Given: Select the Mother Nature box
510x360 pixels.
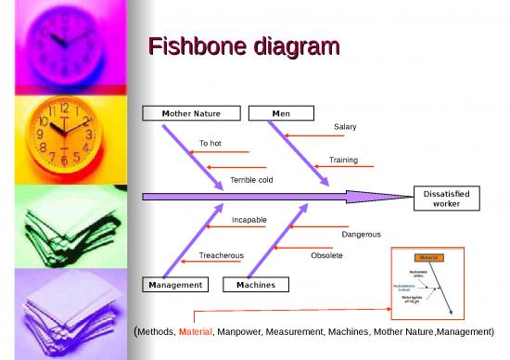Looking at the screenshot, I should point(193,113).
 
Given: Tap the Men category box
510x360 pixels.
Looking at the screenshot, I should point(280,113).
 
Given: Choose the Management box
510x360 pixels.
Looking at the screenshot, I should point(174,284).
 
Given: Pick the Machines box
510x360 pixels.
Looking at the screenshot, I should point(255,284).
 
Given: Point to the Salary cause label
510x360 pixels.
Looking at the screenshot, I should point(345,126).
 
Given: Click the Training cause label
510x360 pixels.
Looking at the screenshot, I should point(343,160).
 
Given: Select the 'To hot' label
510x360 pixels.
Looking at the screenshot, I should point(210,143).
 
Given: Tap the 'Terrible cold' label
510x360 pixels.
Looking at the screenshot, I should point(251,178).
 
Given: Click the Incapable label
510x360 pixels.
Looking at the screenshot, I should point(249,219).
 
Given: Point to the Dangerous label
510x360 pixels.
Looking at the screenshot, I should point(361,234).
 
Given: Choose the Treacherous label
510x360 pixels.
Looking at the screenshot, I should point(222,254).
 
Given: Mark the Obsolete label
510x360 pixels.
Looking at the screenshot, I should point(326,254).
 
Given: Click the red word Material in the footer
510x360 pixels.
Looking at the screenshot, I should point(196,330).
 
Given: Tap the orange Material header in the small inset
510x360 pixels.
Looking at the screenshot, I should point(427,256).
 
